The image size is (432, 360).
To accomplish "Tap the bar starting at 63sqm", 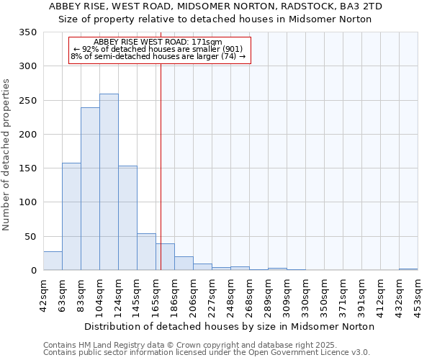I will click(x=71, y=217).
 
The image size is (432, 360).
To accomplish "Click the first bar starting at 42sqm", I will click(x=53, y=261).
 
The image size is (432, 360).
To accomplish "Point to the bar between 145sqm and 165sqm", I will click(x=146, y=252).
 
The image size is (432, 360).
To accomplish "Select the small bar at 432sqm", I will click(x=408, y=269).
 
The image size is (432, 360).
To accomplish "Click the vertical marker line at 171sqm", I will click(x=161, y=166).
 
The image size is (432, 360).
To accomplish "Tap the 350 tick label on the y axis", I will click(x=28, y=32).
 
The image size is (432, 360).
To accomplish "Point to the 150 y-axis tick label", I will click(x=28, y=168).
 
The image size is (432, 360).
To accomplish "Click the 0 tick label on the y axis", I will click(x=33, y=271).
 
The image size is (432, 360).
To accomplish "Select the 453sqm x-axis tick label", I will click(x=418, y=294).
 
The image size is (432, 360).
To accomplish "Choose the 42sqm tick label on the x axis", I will click(x=43, y=294).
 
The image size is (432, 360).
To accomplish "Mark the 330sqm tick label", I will click(x=305, y=294).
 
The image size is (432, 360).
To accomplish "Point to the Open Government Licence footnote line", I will click(x=207, y=353).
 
